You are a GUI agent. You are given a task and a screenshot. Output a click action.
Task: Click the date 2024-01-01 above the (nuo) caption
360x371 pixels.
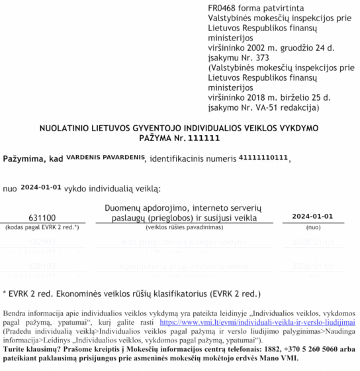pyautogui.click(x=313, y=216)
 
